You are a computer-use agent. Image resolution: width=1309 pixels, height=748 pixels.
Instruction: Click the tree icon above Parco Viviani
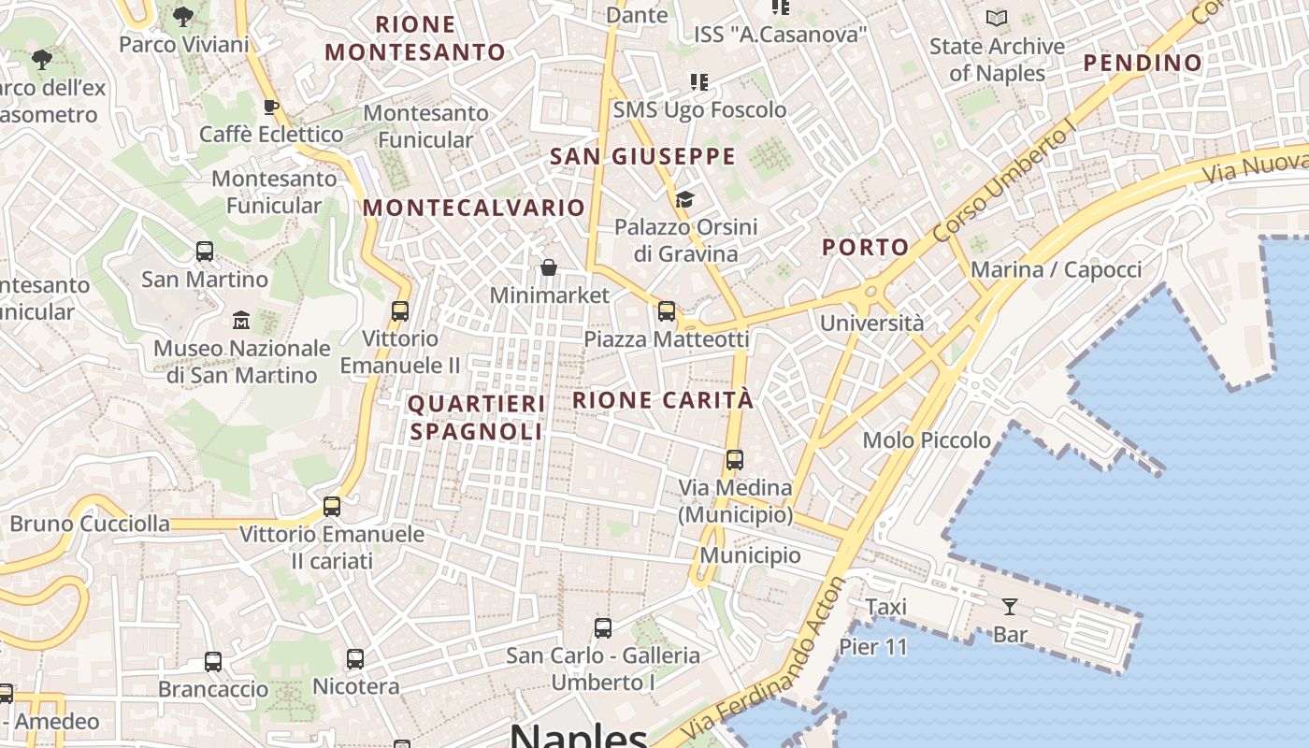(183, 16)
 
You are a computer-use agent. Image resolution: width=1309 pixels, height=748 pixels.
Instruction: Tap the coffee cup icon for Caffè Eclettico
(271, 107)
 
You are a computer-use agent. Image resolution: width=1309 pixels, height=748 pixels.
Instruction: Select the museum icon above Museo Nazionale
(241, 321)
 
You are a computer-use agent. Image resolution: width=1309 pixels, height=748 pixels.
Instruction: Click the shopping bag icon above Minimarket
(549, 268)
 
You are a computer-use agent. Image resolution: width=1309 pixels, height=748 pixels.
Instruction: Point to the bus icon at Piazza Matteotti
(667, 311)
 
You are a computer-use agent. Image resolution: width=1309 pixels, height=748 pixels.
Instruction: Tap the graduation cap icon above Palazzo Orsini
(685, 199)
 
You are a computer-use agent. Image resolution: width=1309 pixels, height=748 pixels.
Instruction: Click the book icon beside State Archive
(997, 18)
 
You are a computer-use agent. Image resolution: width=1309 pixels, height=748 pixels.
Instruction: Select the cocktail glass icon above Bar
(1009, 607)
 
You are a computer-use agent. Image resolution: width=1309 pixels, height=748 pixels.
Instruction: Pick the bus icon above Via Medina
(735, 460)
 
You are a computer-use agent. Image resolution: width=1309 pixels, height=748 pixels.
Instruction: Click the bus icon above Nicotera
(355, 659)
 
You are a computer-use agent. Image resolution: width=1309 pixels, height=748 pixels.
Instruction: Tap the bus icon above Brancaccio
(213, 662)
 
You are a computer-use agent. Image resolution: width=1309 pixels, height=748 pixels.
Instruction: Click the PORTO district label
(865, 248)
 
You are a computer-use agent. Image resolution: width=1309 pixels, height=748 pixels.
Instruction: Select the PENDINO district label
(1143, 64)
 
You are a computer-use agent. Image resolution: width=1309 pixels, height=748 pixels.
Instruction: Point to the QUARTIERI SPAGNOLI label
(476, 417)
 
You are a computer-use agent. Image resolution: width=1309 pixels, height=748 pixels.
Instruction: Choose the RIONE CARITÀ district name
(662, 400)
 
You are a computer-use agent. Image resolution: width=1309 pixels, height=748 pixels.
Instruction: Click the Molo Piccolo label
(927, 439)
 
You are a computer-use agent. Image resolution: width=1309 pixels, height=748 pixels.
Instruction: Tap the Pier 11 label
(873, 646)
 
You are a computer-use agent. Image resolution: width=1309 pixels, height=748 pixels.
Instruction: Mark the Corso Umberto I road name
(1013, 184)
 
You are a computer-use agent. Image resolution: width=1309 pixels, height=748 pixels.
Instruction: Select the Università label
(871, 324)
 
